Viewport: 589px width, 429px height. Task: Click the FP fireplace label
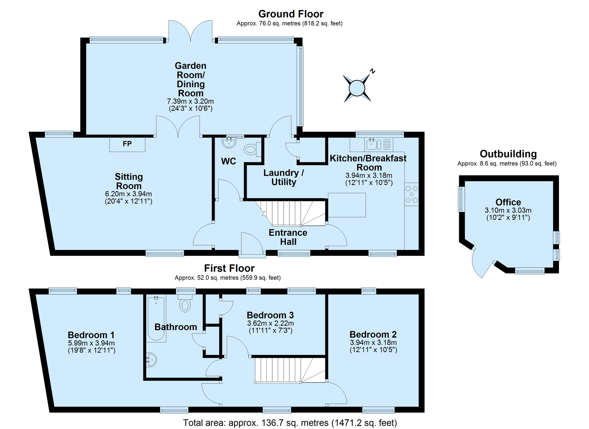pyautogui.click(x=127, y=144)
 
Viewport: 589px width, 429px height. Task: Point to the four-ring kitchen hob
pyautogui.click(x=412, y=194)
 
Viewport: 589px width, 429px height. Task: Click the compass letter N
pyautogui.click(x=372, y=71)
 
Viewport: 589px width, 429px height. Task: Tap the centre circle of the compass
pyautogui.click(x=357, y=88)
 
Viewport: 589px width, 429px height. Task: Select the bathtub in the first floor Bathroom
pyautogui.click(x=156, y=318)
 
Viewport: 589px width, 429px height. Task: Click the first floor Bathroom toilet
pyautogui.click(x=185, y=303)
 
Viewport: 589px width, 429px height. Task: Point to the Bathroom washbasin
pyautogui.click(x=151, y=360)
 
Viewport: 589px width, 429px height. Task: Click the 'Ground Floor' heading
pyautogui.click(x=291, y=14)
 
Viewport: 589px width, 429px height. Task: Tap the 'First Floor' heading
pyautogui.click(x=229, y=268)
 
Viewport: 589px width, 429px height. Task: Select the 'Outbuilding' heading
pyautogui.click(x=508, y=154)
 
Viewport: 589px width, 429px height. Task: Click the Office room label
pyautogui.click(x=508, y=202)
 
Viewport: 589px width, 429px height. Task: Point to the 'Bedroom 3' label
pyautogui.click(x=270, y=315)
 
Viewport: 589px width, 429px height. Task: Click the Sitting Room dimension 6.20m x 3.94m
pyautogui.click(x=129, y=194)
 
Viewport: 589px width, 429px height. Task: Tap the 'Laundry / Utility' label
pyautogui.click(x=284, y=177)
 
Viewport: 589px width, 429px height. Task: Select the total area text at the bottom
pyautogui.click(x=290, y=423)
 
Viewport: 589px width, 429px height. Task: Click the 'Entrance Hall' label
pyautogui.click(x=288, y=237)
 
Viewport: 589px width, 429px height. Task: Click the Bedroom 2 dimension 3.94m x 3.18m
pyautogui.click(x=373, y=343)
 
